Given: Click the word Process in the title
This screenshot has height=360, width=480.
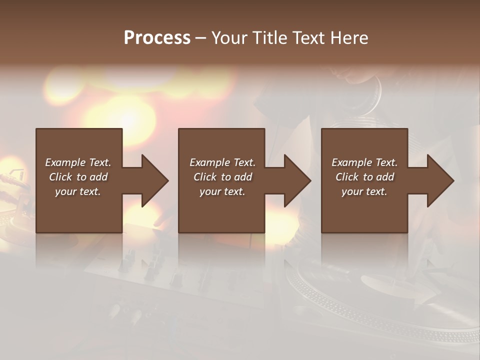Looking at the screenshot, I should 157,38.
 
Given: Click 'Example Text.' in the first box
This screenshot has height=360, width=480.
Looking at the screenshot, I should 78,162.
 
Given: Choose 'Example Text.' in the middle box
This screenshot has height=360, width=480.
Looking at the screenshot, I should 222,162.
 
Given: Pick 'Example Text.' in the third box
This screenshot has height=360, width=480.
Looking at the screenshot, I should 364,162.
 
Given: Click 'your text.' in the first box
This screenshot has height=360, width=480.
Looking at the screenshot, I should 78,191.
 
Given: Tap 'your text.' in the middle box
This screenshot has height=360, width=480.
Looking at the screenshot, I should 222,191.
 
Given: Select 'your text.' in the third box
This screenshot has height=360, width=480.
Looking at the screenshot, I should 364,191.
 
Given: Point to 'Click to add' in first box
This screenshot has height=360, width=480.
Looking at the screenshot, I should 78,177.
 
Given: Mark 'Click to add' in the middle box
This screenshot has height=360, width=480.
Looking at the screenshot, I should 222,177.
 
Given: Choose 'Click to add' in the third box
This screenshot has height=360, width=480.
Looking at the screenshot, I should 364,177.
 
